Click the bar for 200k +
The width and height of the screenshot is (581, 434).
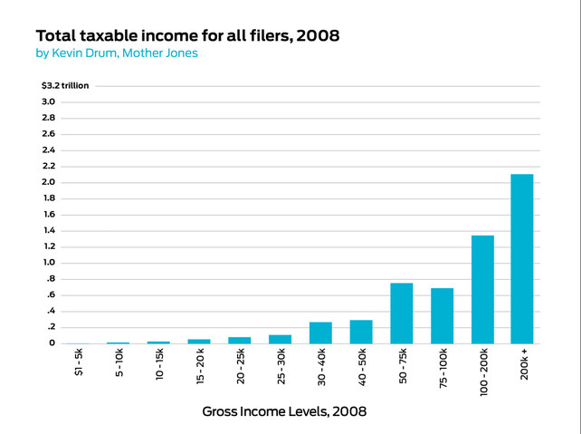pyautogui.click(x=522, y=258)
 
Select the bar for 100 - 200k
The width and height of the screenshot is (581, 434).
pyautogui.click(x=482, y=289)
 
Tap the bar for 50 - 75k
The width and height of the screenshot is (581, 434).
pyautogui.click(x=401, y=313)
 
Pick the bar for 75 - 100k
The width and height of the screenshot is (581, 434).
pyautogui.click(x=442, y=315)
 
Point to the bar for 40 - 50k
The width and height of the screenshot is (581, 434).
pyautogui.click(x=361, y=332)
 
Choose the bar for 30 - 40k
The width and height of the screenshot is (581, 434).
pyautogui.click(x=320, y=333)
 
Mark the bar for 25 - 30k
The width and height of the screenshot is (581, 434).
pyautogui.click(x=280, y=339)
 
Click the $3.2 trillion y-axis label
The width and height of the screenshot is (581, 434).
pyautogui.click(x=66, y=85)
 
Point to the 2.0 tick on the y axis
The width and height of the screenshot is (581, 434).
pyautogui.click(x=49, y=182)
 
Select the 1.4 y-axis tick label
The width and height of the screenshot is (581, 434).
pyautogui.click(x=49, y=230)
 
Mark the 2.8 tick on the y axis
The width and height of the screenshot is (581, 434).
pyautogui.click(x=49, y=118)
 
